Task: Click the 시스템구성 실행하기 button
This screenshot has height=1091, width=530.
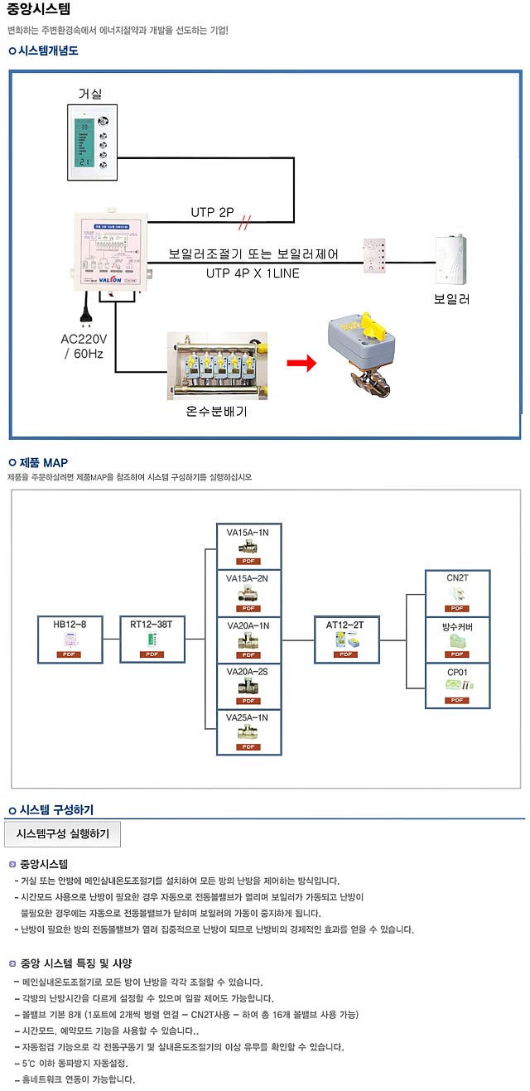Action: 63,833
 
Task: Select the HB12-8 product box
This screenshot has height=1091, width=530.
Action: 70,639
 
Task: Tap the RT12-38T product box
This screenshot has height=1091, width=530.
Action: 152,639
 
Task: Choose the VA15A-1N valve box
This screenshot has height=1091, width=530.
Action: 248,545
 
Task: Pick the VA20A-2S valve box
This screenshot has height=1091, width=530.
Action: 248,686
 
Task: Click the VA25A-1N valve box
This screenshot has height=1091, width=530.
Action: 248,732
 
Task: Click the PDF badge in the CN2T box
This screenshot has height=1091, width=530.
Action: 457,608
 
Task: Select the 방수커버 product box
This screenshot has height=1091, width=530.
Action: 457,639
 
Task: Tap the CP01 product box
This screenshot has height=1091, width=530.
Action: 457,685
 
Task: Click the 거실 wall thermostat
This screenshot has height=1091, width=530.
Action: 92,142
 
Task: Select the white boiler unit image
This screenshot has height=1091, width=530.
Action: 453,260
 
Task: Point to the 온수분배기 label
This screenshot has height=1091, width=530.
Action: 216,410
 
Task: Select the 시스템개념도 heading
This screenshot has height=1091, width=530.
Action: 48,51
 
